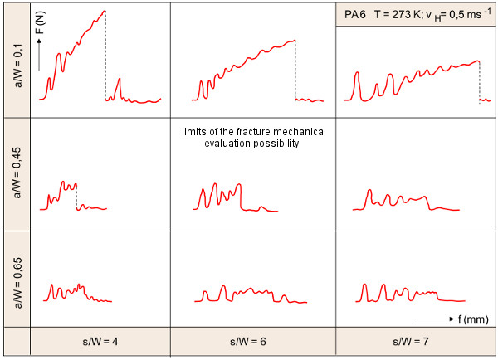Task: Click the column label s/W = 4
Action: tap(100, 342)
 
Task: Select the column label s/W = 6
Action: tap(252, 342)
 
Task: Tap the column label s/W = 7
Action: tap(416, 342)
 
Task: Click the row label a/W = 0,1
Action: tap(15, 59)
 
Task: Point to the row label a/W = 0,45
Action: tap(15, 169)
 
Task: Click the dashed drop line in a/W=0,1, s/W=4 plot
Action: tap(105, 58)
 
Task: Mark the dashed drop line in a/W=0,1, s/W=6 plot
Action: tap(296, 71)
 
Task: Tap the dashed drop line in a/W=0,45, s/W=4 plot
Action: tap(76, 197)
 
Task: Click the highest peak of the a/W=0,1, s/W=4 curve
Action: tap(105, 12)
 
